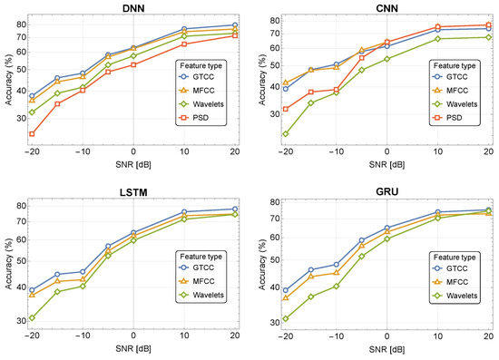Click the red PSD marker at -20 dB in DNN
pos(32,134)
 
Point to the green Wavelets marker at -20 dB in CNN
pos(286,134)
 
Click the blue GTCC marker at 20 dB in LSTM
pos(235,209)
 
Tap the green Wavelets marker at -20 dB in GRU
pos(286,318)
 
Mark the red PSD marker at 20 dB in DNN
pos(235,35)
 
